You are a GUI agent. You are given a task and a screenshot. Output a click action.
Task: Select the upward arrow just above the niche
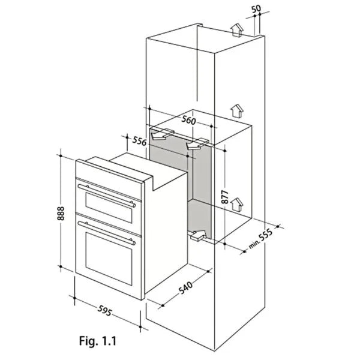[x=238, y=110]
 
